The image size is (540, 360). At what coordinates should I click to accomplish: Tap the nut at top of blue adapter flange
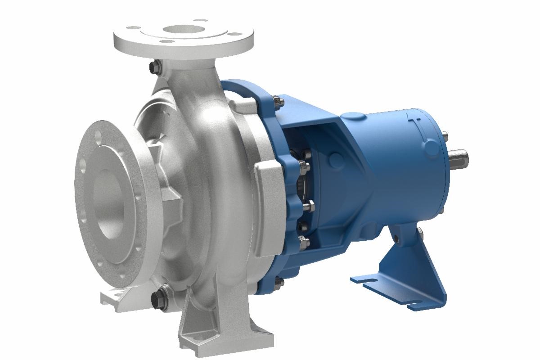click(x=275, y=102)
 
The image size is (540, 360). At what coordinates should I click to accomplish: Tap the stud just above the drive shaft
click(x=445, y=135)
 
